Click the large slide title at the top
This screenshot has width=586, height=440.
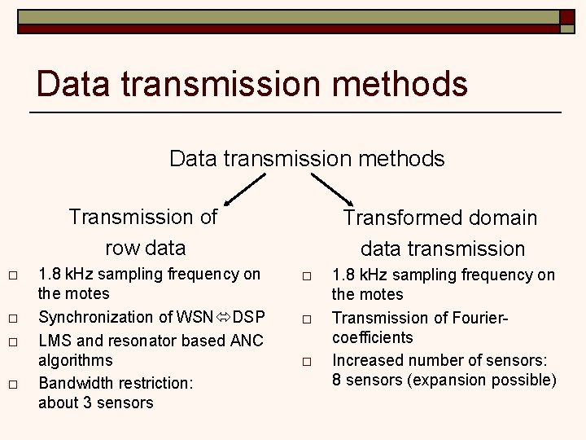pos(252,85)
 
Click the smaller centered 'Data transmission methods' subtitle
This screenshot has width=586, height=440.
pos(307,158)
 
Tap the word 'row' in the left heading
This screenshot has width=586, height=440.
pos(121,247)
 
